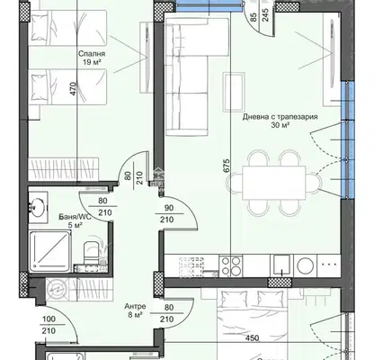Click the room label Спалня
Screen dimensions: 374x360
tap(92, 54)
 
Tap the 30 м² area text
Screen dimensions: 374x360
tap(280, 125)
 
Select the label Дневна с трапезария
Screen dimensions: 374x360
tap(280, 117)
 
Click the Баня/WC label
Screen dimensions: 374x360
tap(75, 217)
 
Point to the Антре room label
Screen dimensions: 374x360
tap(135, 306)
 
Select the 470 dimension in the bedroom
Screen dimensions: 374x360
tap(73, 89)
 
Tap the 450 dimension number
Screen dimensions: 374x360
tap(252, 338)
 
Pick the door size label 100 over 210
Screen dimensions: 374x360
tap(49, 325)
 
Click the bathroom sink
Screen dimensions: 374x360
tap(39, 207)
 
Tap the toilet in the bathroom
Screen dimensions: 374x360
tap(91, 253)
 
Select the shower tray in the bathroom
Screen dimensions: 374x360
tap(49, 251)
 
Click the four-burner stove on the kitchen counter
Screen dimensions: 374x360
tap(230, 266)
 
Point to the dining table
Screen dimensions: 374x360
tap(274, 183)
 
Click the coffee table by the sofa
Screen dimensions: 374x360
tap(234, 92)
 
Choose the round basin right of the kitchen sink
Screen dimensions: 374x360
tap(306, 265)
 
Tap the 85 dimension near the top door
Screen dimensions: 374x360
tap(254, 17)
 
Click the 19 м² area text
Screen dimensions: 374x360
tap(92, 62)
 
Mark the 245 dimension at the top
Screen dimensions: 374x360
tap(265, 14)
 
